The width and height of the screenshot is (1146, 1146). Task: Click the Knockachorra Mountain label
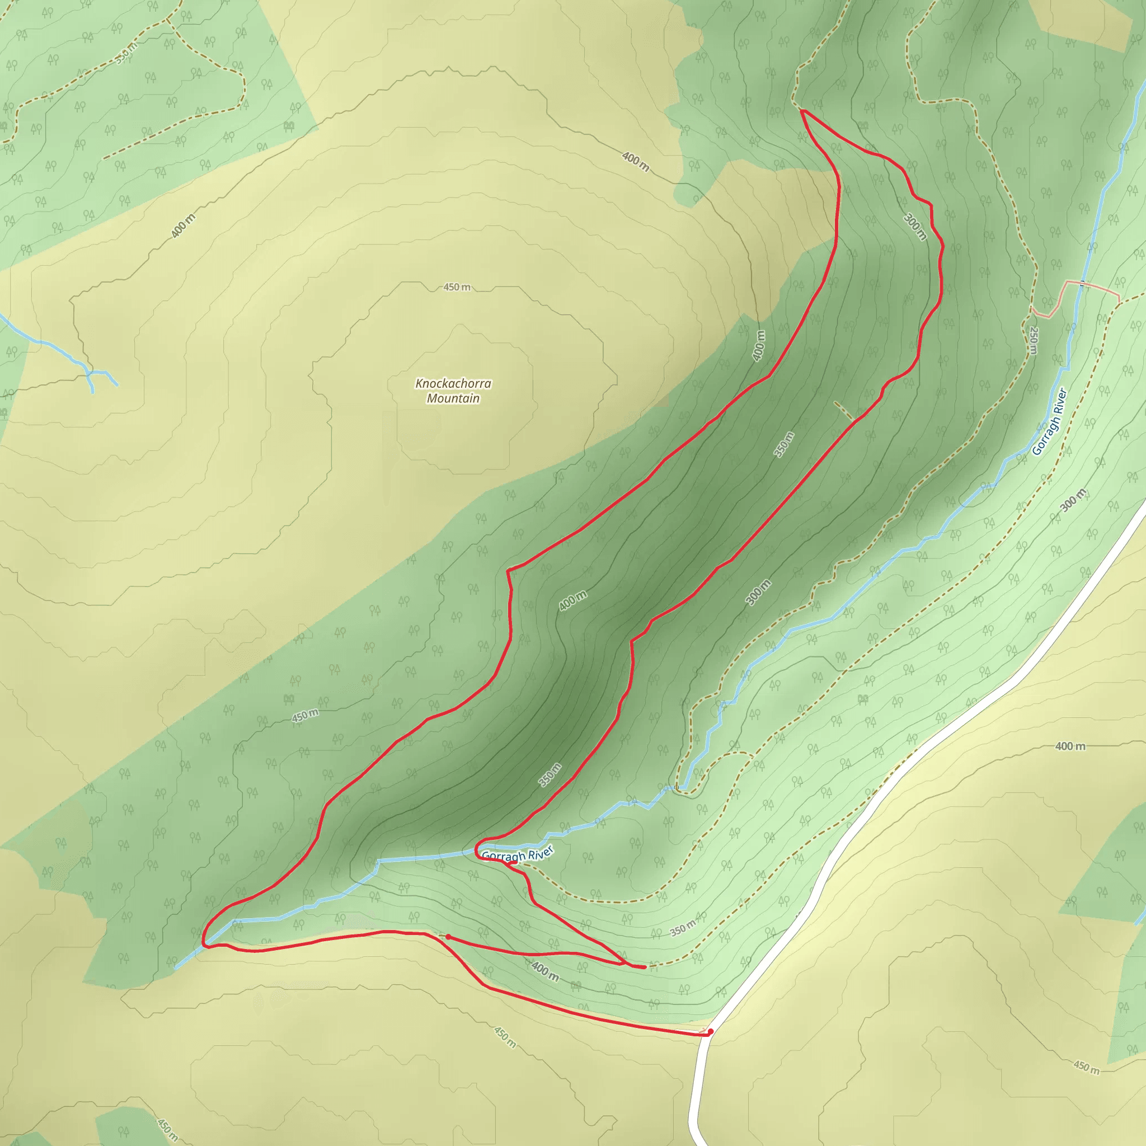click(x=453, y=391)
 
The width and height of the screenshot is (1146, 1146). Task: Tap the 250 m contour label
click(x=1034, y=340)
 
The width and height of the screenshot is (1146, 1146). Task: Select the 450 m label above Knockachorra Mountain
click(x=457, y=287)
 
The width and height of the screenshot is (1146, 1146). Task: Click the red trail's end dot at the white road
click(x=710, y=1031)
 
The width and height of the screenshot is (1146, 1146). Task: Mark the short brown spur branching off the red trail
click(x=843, y=411)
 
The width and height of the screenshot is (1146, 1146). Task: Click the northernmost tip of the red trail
click(x=802, y=111)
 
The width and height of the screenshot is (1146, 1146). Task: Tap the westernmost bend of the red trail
click(x=204, y=941)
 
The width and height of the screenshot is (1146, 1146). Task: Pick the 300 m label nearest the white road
click(x=1073, y=500)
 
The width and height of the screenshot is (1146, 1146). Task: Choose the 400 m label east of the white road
click(x=1070, y=746)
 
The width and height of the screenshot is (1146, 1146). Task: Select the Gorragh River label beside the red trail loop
click(x=517, y=854)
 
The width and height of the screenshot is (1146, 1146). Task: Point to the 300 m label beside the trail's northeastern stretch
click(x=915, y=227)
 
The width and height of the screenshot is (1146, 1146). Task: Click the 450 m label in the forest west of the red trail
click(x=305, y=716)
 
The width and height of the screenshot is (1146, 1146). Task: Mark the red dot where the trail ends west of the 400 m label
click(x=448, y=937)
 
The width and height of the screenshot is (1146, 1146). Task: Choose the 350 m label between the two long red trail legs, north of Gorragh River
click(x=550, y=774)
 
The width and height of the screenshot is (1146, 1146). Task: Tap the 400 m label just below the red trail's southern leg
click(x=544, y=971)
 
